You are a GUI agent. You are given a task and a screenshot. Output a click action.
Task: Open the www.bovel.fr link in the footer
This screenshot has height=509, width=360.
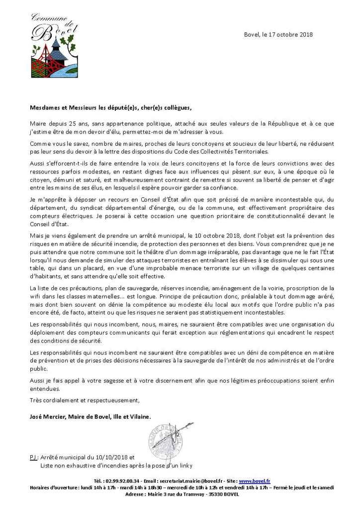point(255,481)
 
